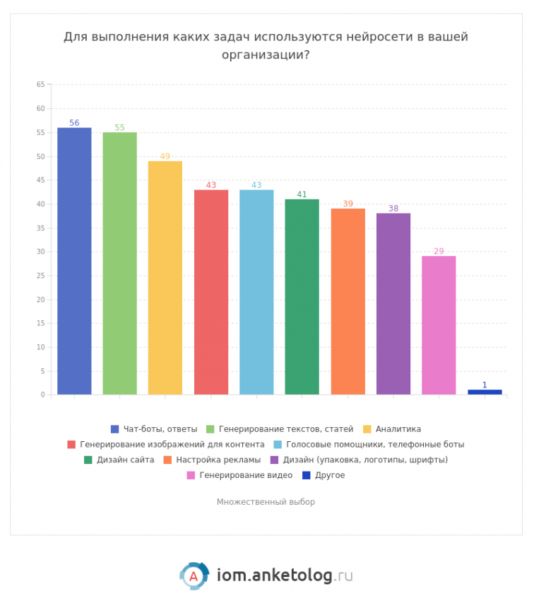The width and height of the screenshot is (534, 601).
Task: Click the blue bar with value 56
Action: tap(74, 261)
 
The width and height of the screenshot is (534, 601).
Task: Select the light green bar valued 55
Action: tap(119, 263)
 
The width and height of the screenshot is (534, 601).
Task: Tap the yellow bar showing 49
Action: tap(165, 278)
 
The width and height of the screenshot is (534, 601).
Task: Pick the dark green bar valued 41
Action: tap(302, 297)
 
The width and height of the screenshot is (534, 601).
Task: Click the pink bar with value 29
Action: tap(439, 325)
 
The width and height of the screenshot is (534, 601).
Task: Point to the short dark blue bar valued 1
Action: tap(485, 392)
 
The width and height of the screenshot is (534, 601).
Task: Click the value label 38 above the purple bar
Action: tap(393, 209)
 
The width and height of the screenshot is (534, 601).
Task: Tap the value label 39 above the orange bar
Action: tap(348, 204)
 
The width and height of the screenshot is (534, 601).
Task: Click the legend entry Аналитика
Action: tap(398, 428)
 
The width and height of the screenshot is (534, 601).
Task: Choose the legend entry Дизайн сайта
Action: tap(125, 460)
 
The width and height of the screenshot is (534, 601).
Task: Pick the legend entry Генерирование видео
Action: tap(245, 475)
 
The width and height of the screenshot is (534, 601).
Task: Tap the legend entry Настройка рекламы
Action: tap(218, 460)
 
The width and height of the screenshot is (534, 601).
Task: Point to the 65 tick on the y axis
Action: tap(40, 85)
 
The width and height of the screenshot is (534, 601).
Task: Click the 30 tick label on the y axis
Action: tap(40, 252)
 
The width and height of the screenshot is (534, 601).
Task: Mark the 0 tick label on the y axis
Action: tap(42, 395)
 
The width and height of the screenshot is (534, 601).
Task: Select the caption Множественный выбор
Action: tap(266, 502)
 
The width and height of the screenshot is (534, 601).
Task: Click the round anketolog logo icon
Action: tap(194, 576)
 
